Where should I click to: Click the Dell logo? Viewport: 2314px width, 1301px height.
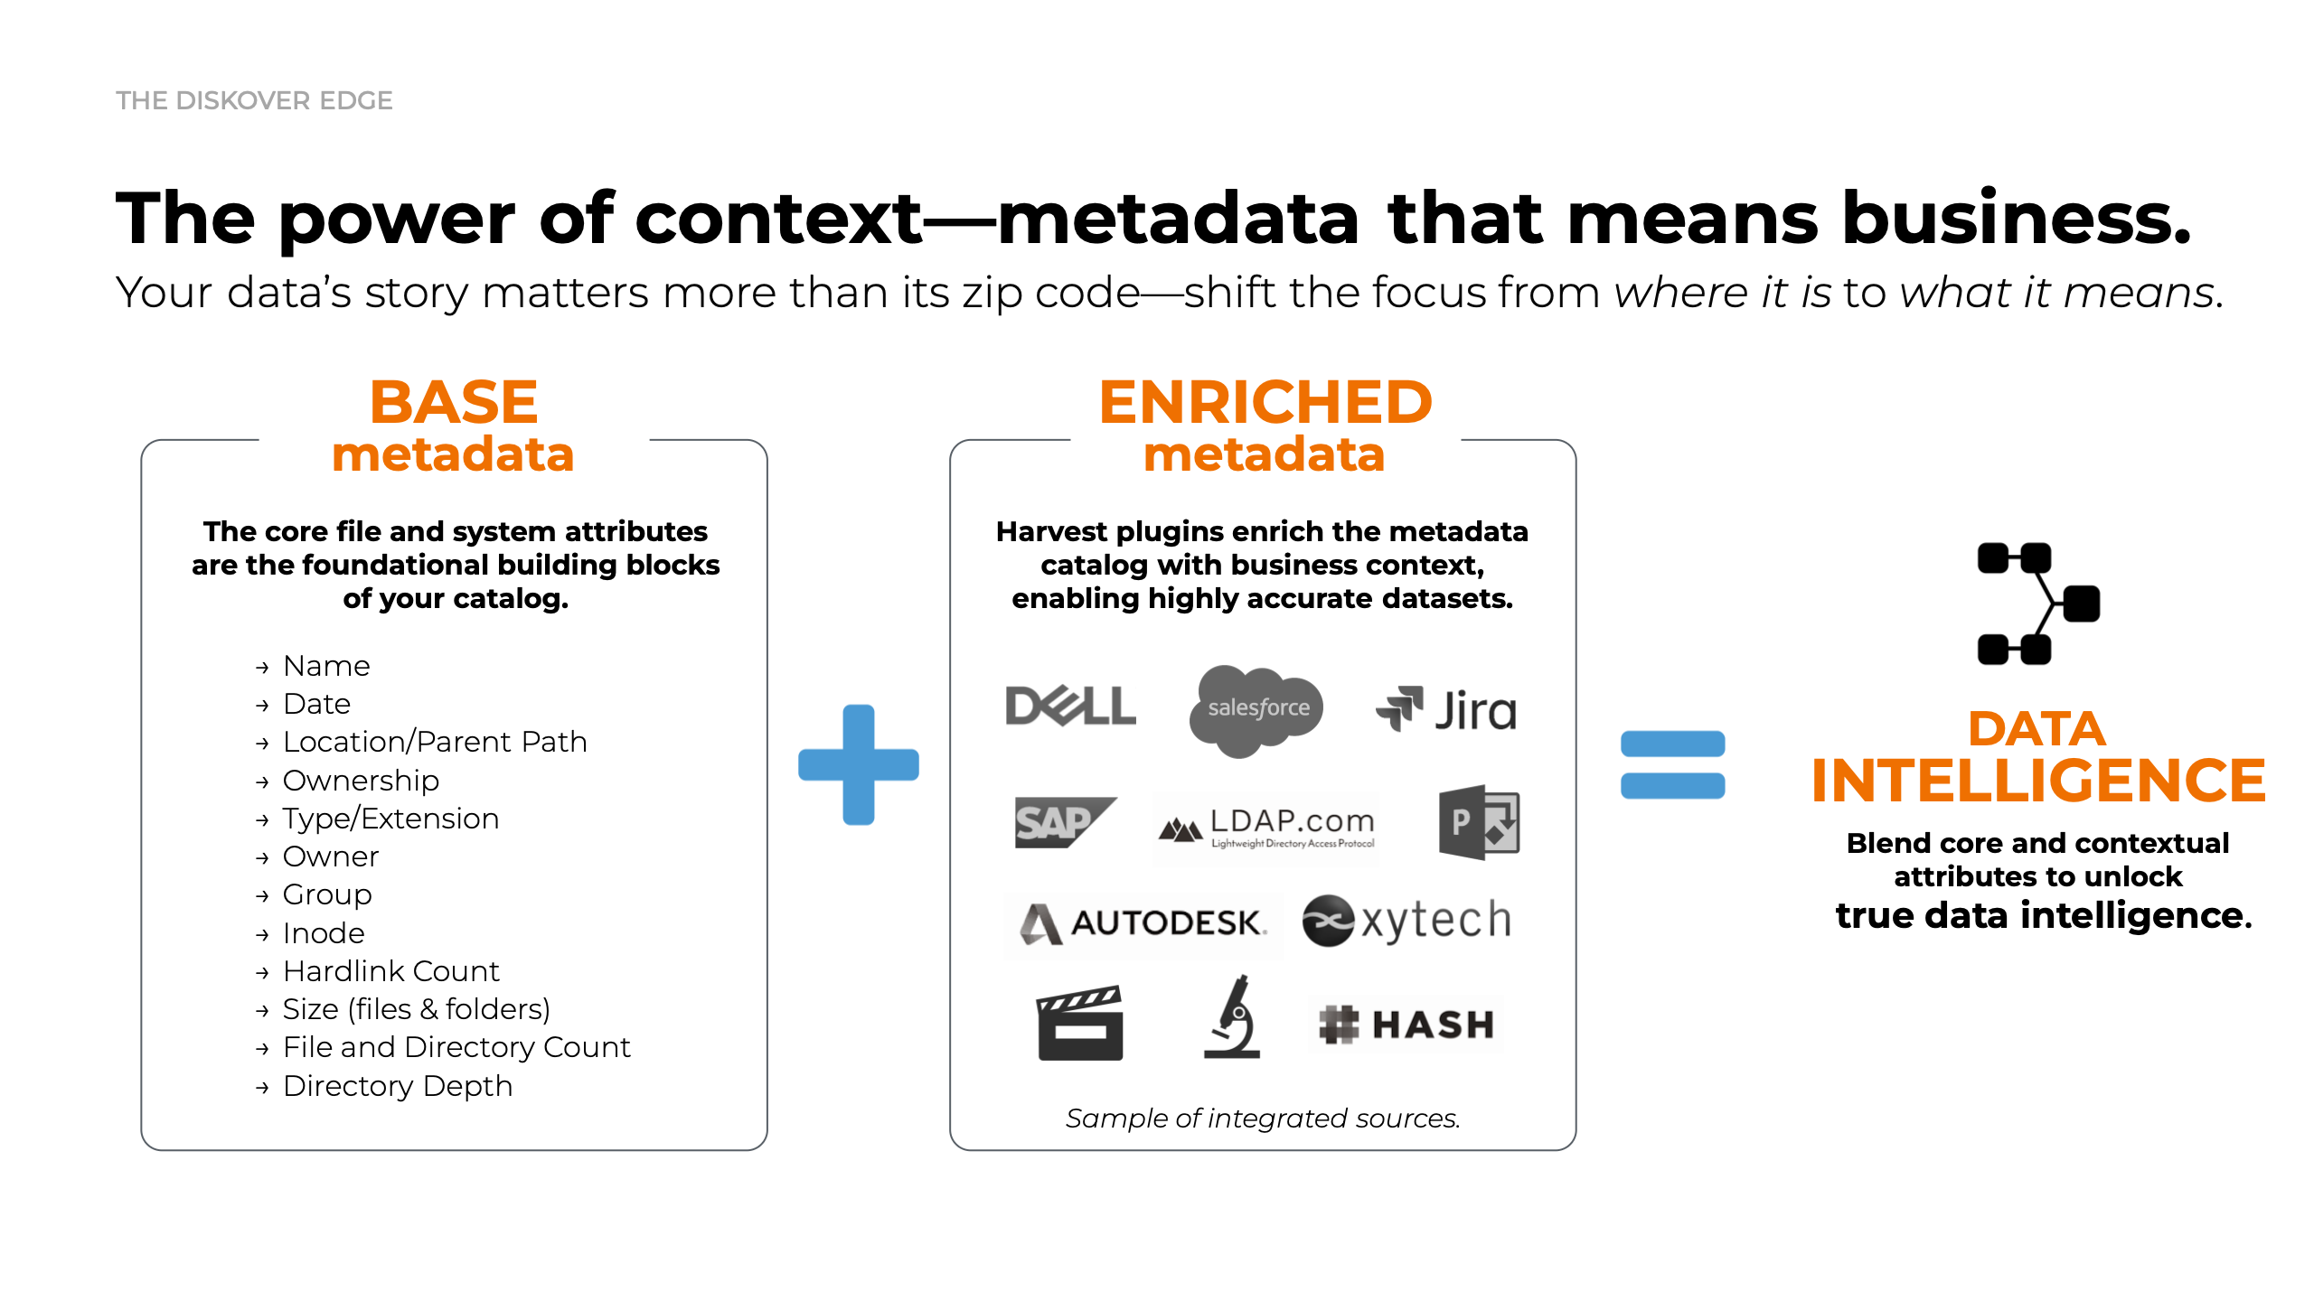pos(1070,706)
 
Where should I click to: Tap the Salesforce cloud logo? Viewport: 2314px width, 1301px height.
pos(1256,709)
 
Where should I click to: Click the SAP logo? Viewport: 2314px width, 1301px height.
pos(1063,822)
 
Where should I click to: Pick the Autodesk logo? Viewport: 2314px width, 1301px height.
pos(1143,922)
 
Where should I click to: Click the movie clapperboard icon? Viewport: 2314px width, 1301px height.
pos(1080,1024)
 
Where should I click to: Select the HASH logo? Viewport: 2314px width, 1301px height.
pos(1406,1025)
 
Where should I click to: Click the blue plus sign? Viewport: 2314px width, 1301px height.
pos(859,764)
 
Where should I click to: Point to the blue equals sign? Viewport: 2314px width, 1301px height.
pos(1672,764)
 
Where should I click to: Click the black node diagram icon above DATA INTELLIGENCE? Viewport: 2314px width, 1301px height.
pos(2037,604)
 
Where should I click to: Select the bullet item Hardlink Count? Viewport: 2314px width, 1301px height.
pos(390,971)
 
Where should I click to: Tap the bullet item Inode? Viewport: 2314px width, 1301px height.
pos(324,933)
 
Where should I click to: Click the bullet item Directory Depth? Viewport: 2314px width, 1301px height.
pos(397,1086)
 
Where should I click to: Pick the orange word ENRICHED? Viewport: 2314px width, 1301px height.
pos(1265,403)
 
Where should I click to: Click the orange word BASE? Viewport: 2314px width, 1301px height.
pos(454,403)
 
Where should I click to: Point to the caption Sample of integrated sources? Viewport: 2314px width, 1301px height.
pos(1263,1118)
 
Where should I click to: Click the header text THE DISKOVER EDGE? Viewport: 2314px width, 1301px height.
pos(254,100)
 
